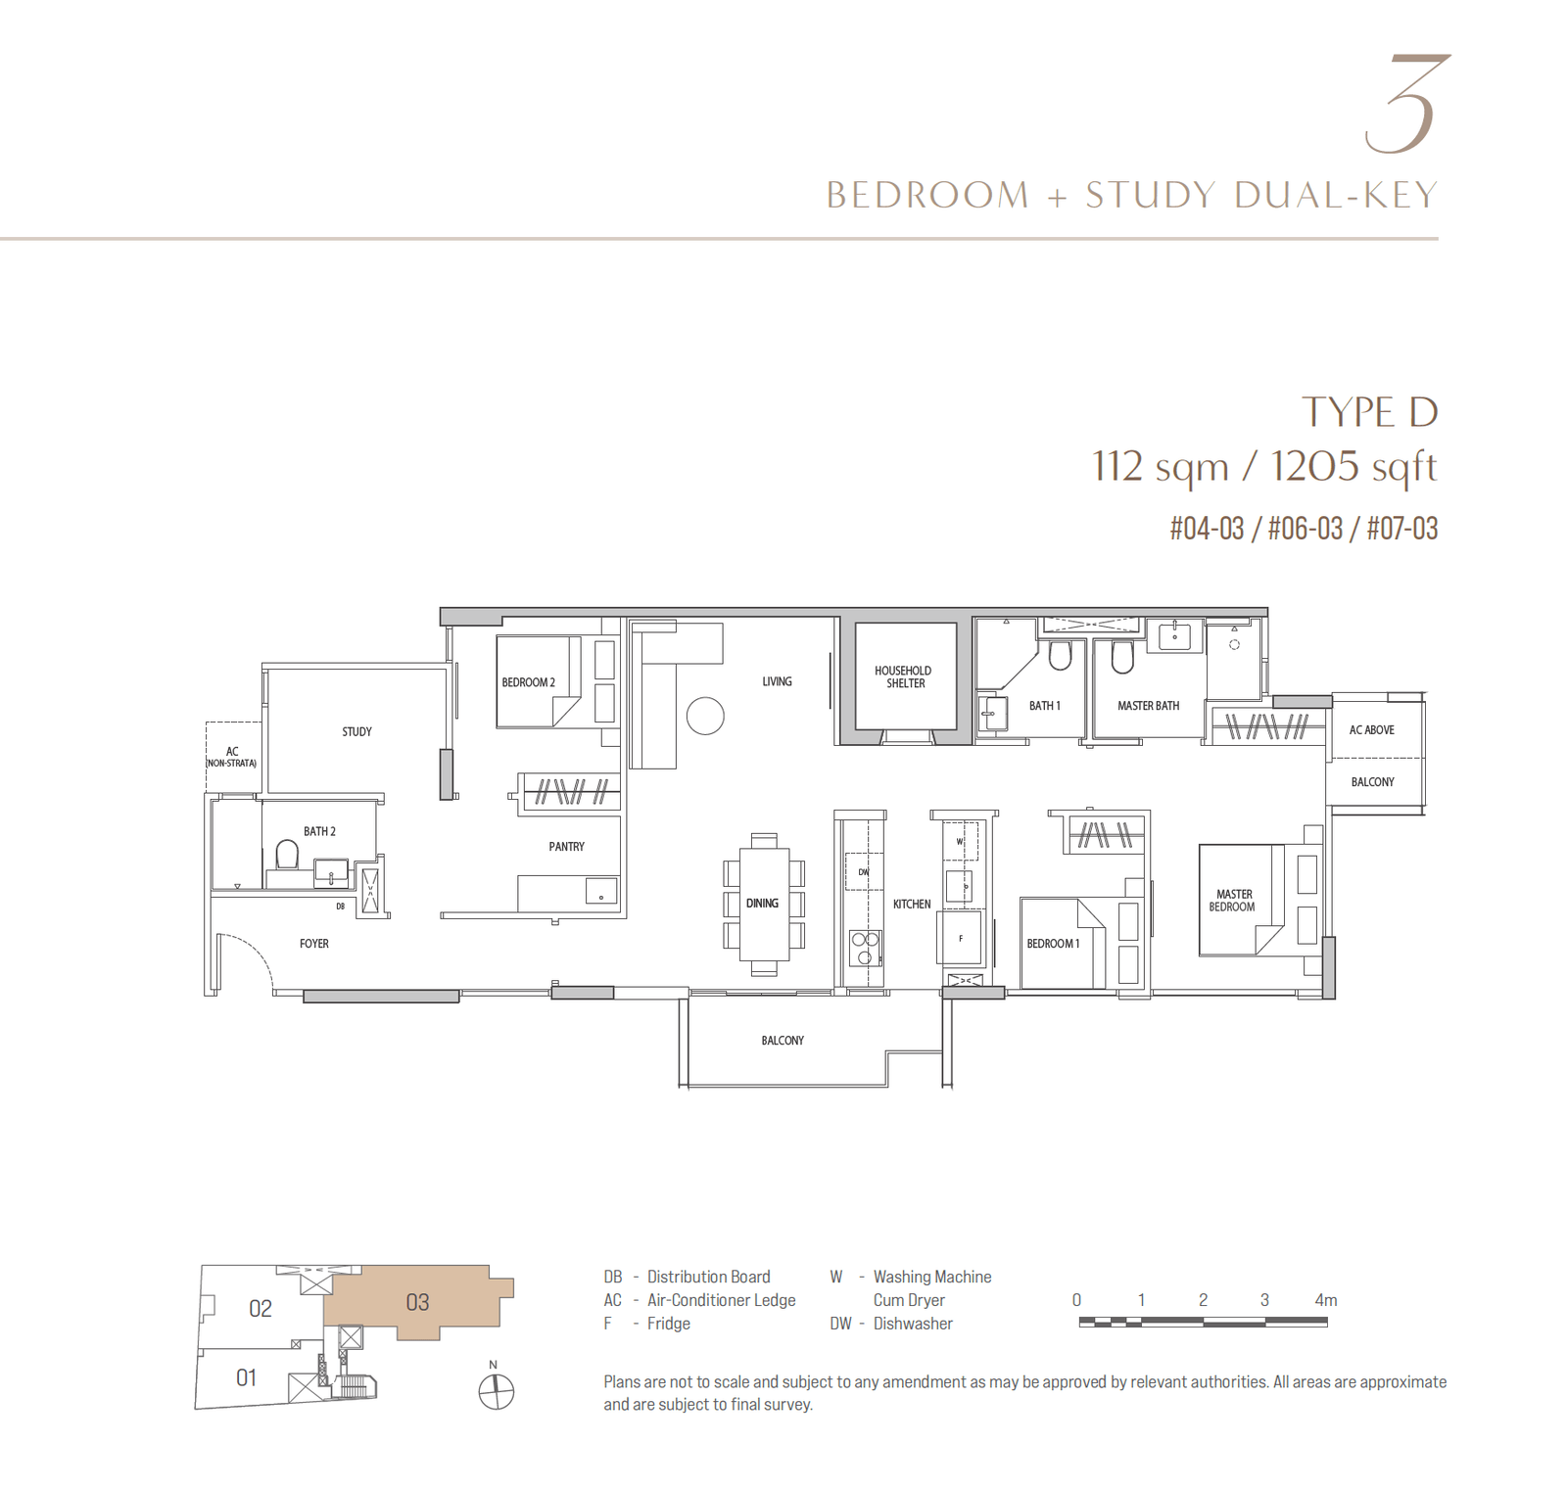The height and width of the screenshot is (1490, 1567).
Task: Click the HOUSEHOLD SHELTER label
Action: (903, 676)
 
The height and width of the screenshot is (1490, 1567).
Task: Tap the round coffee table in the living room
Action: (705, 716)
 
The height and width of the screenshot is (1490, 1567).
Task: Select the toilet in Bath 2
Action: (287, 855)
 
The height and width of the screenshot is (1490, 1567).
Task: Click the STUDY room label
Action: (356, 731)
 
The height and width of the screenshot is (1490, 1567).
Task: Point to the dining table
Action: (764, 904)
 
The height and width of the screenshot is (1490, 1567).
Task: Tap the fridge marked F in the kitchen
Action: (960, 938)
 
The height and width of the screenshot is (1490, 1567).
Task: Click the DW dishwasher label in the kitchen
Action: (864, 871)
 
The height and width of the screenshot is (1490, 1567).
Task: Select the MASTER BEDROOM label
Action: (1233, 901)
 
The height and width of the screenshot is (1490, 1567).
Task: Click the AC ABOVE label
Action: (1371, 730)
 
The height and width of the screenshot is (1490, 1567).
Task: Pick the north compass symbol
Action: (497, 1389)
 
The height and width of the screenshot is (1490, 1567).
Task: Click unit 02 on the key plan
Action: (261, 1309)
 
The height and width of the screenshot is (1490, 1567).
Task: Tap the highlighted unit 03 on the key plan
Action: (418, 1302)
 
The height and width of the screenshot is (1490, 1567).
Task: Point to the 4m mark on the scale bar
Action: (1325, 1300)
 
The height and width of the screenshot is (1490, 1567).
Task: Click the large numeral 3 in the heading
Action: (1406, 104)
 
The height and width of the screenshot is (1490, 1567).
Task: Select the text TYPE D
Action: (1369, 412)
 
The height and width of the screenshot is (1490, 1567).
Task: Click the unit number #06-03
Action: (1305, 529)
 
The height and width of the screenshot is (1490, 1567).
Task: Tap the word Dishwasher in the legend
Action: (913, 1324)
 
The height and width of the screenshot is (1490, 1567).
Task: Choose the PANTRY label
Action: (566, 847)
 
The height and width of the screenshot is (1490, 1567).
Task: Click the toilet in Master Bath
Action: (1122, 658)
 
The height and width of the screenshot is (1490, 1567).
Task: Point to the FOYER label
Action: (314, 944)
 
